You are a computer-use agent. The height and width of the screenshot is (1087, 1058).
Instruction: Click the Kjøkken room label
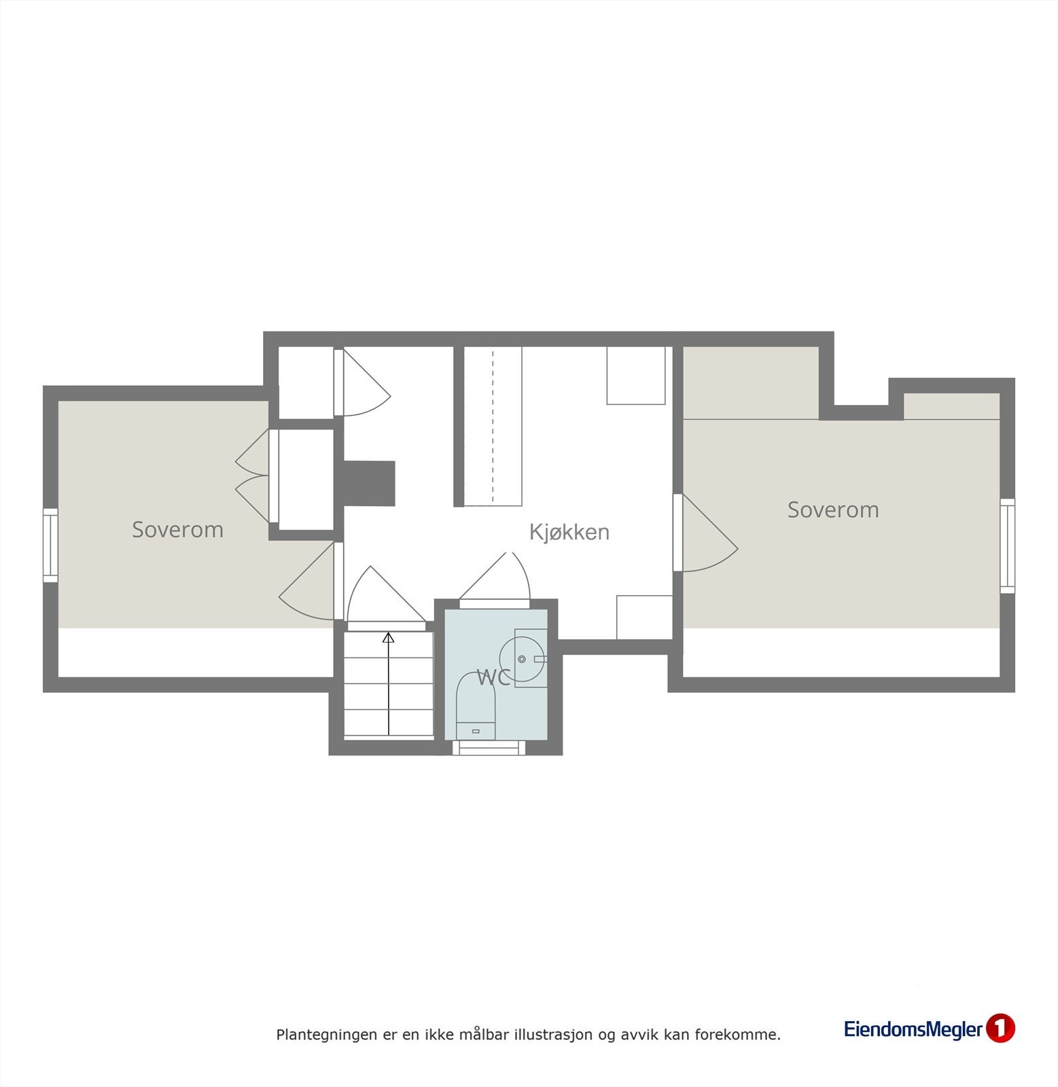click(x=569, y=532)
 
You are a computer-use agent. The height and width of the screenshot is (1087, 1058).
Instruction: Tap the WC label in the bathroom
click(x=493, y=677)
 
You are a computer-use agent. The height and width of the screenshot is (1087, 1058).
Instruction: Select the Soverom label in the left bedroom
click(x=177, y=530)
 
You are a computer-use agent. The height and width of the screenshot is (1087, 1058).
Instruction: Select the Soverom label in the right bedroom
click(x=832, y=510)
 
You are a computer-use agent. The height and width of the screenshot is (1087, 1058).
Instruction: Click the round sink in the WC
click(x=522, y=658)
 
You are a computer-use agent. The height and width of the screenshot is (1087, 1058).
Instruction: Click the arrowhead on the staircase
click(x=389, y=637)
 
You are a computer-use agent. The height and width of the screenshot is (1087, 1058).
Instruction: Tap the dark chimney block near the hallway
click(x=369, y=483)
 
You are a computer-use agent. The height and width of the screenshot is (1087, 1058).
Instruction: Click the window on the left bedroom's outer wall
click(x=50, y=545)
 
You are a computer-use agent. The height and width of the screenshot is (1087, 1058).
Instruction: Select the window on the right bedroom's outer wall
click(x=1007, y=546)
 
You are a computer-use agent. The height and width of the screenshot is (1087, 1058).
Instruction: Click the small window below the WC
click(x=489, y=747)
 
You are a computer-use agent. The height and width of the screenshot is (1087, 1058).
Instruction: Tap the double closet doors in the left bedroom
click(x=253, y=475)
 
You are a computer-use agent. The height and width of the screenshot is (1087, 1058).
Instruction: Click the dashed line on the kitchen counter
click(x=493, y=425)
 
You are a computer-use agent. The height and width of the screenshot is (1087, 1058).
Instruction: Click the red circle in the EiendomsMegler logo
click(x=1000, y=1028)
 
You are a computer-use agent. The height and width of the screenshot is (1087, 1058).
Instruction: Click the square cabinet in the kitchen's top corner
click(x=635, y=375)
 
